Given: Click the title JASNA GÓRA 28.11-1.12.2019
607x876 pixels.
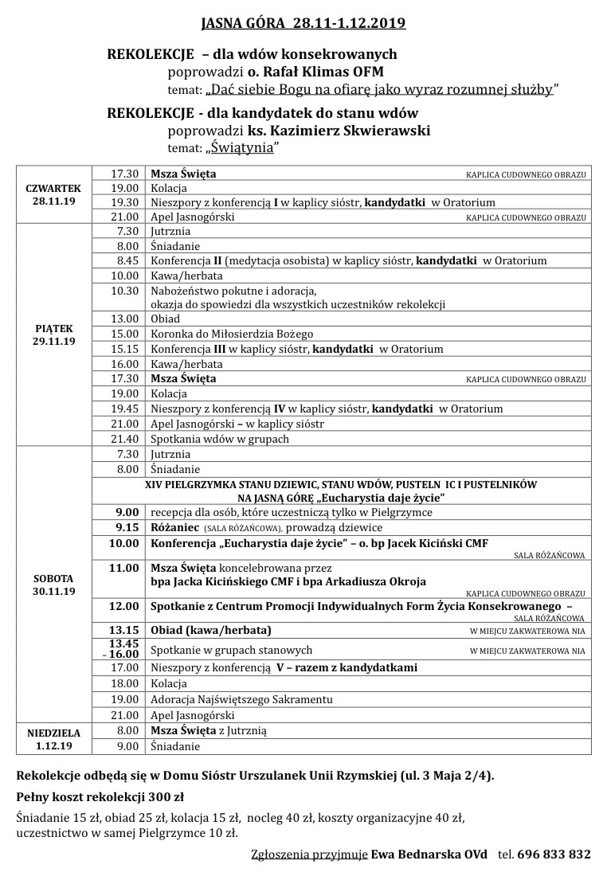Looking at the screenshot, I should [303, 24].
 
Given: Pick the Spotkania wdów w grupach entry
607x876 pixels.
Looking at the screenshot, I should [220, 439].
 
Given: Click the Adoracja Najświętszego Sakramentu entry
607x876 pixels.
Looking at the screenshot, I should [242, 699].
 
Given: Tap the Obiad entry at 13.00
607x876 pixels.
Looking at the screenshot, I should [166, 319].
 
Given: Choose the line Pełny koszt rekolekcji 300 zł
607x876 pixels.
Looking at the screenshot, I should [100, 796].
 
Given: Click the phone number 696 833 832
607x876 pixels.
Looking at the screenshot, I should [554, 854].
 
